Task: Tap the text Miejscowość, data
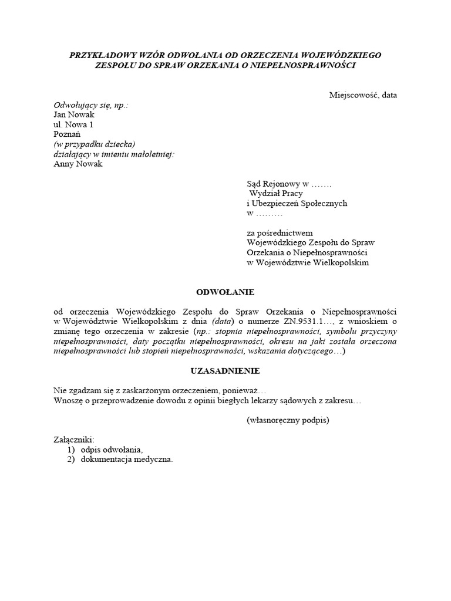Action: tap(363, 95)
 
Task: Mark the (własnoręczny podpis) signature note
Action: tap(288, 420)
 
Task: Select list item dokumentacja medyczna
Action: tap(127, 460)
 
